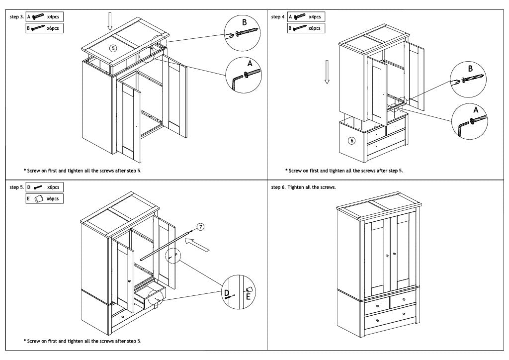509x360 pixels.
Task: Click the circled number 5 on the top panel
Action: click(113, 48)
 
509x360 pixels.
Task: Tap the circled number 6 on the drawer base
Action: click(351, 141)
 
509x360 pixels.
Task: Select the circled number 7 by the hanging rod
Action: click(200, 226)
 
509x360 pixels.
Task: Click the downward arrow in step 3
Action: click(110, 21)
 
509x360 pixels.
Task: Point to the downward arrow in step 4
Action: click(327, 72)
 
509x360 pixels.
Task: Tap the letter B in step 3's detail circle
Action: click(244, 22)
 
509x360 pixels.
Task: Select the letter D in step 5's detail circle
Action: click(227, 293)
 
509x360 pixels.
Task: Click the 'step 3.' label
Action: click(16, 17)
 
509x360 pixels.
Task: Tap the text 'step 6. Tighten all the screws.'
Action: click(303, 188)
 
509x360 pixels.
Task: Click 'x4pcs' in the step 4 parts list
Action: click(314, 17)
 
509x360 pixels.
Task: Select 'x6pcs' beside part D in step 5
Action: click(53, 187)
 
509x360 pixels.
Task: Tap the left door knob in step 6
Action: click(387, 255)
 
